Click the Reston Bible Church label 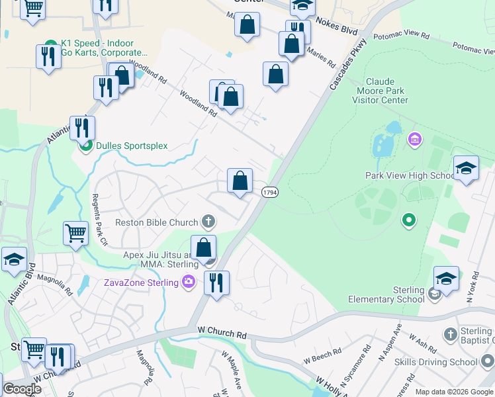[157, 222]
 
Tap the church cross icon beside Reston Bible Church [208, 221]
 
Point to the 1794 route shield [269, 192]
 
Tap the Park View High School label [410, 175]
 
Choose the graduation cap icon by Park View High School [466, 169]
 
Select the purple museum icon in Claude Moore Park [415, 140]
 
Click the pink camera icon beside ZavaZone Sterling [190, 282]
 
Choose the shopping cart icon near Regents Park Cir [76, 233]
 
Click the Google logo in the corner [22, 389]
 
